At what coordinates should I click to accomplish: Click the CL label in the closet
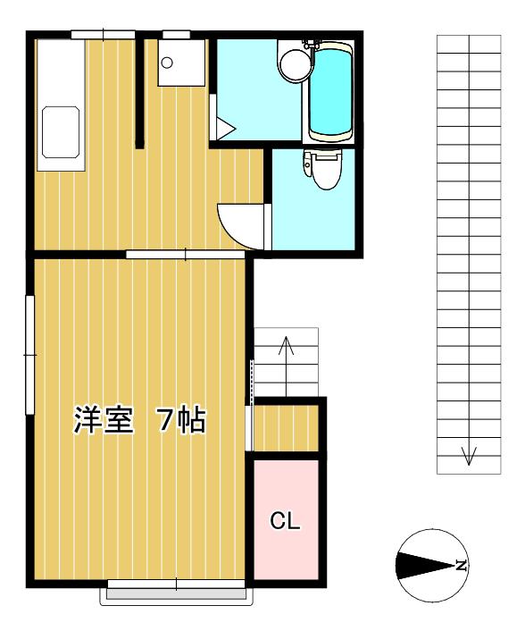click(285, 521)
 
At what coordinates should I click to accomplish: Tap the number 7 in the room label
click(165, 420)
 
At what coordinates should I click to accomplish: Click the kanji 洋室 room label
click(104, 420)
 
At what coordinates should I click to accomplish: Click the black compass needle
click(425, 566)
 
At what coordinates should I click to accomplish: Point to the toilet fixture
click(322, 169)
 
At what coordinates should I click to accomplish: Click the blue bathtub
click(330, 92)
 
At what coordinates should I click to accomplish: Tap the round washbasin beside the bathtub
click(296, 65)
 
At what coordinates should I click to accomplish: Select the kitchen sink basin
click(61, 132)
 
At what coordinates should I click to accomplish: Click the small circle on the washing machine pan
click(167, 63)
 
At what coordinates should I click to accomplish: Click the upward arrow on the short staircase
click(286, 366)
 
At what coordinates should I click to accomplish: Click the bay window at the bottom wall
click(177, 592)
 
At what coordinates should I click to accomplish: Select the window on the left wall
click(30, 355)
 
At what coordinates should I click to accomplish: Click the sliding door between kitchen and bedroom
click(186, 255)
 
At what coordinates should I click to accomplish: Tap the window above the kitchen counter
click(104, 35)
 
